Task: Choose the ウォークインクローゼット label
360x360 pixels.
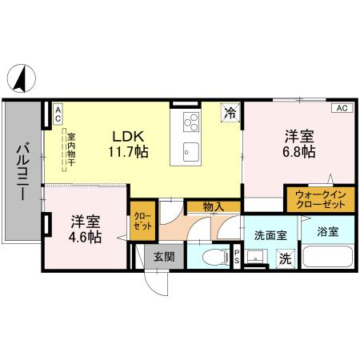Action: (x=320, y=198)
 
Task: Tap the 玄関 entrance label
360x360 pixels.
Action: (x=164, y=257)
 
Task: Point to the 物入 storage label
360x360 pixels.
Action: (x=212, y=207)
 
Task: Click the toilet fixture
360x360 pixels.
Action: (x=212, y=258)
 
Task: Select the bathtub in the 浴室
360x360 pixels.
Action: (x=329, y=258)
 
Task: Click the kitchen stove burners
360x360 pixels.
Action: (x=192, y=122)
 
